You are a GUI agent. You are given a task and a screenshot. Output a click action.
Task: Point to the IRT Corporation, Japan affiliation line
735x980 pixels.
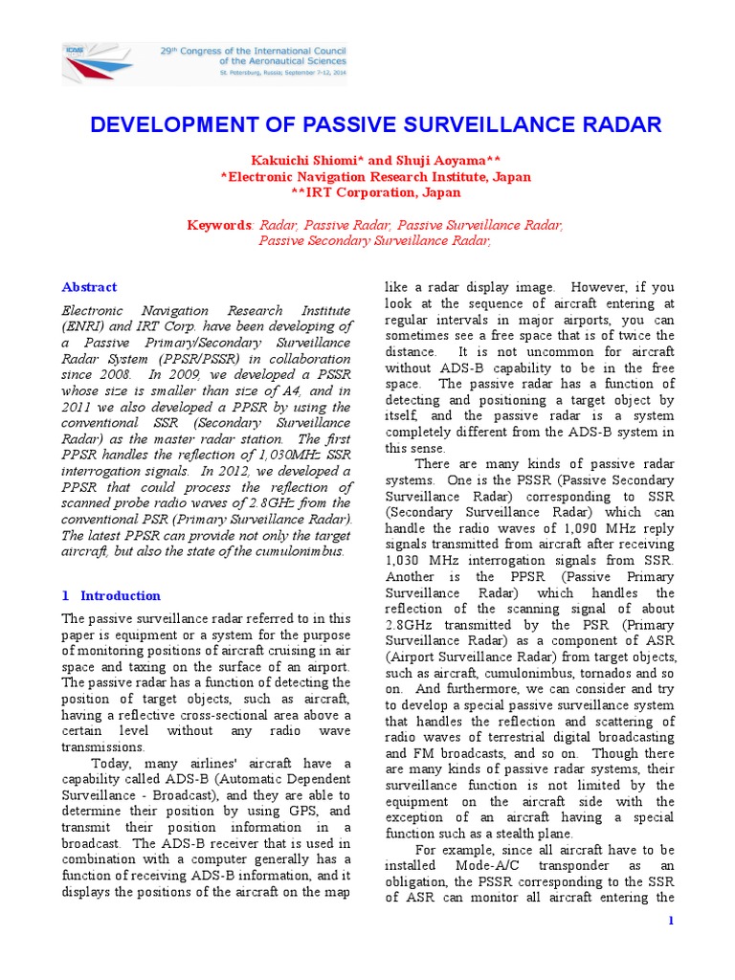tap(368, 192)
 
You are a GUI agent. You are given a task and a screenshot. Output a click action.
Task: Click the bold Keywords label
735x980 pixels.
tap(217, 225)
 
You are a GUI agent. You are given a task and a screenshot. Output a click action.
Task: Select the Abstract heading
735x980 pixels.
tap(89, 287)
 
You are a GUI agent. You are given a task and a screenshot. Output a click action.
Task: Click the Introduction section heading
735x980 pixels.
tap(120, 595)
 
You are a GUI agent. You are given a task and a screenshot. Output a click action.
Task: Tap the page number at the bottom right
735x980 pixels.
tap(671, 921)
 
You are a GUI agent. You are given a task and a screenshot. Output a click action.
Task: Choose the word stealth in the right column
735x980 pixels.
tap(513, 834)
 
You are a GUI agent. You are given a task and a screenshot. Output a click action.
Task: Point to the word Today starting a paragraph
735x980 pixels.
tap(110, 763)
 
